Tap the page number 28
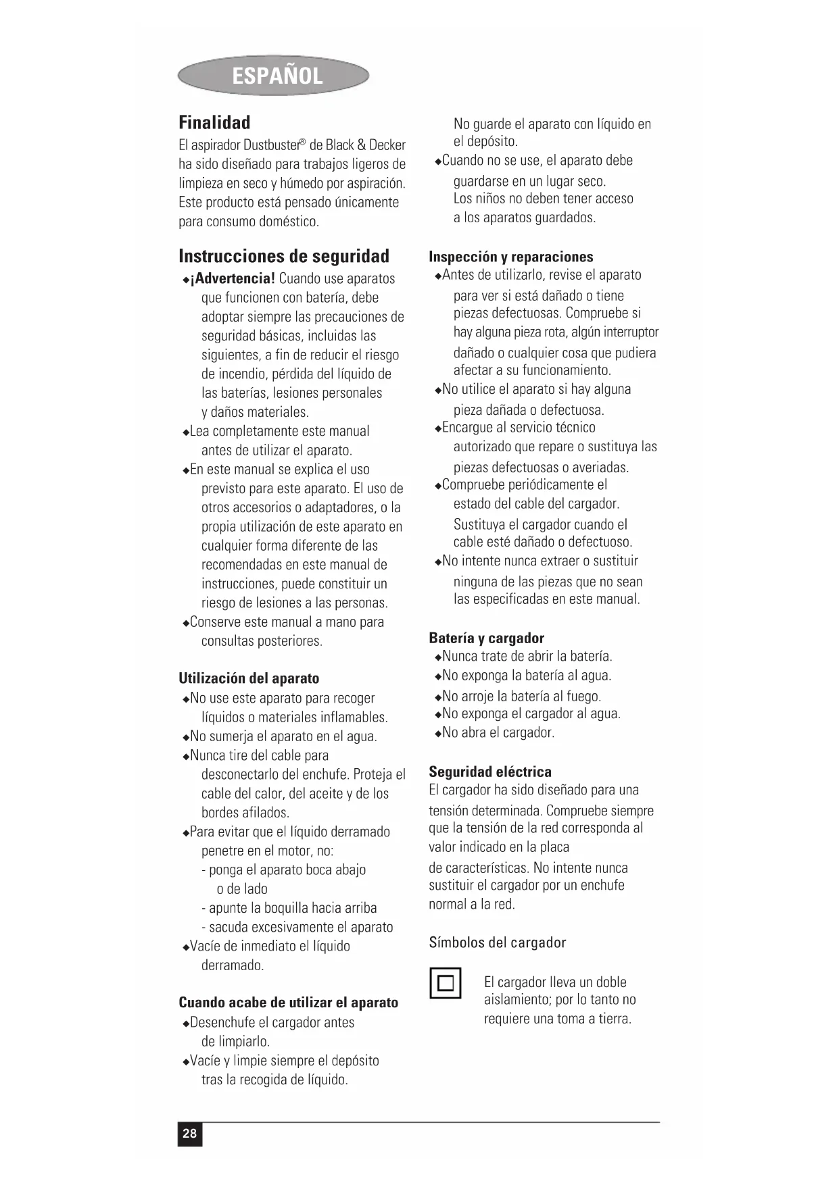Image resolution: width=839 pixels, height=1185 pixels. [x=190, y=1133]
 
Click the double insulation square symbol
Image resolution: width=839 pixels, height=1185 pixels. [x=445, y=982]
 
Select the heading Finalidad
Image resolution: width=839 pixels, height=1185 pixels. [x=214, y=122]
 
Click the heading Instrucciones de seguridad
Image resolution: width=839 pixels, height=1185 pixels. [x=284, y=256]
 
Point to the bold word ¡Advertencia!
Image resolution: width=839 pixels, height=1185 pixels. [x=233, y=278]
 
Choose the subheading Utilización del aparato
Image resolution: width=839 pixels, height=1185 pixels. [x=249, y=678]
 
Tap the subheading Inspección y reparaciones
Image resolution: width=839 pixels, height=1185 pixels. [x=510, y=257]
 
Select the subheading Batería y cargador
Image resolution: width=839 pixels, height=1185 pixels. [x=486, y=638]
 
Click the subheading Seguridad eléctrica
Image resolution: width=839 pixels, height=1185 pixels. [x=490, y=772]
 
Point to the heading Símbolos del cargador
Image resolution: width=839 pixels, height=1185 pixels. [x=497, y=942]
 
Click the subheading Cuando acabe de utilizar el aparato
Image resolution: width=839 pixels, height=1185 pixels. [x=288, y=1003]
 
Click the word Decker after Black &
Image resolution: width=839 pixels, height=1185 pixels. [x=387, y=145]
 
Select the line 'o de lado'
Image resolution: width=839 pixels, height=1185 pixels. [x=242, y=889]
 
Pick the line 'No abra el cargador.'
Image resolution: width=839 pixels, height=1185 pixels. [x=498, y=732]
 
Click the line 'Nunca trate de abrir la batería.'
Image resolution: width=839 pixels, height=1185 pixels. [x=527, y=656]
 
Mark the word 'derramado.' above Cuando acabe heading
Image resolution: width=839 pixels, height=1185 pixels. [x=233, y=965]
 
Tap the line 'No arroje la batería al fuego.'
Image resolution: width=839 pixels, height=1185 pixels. [x=521, y=696]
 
